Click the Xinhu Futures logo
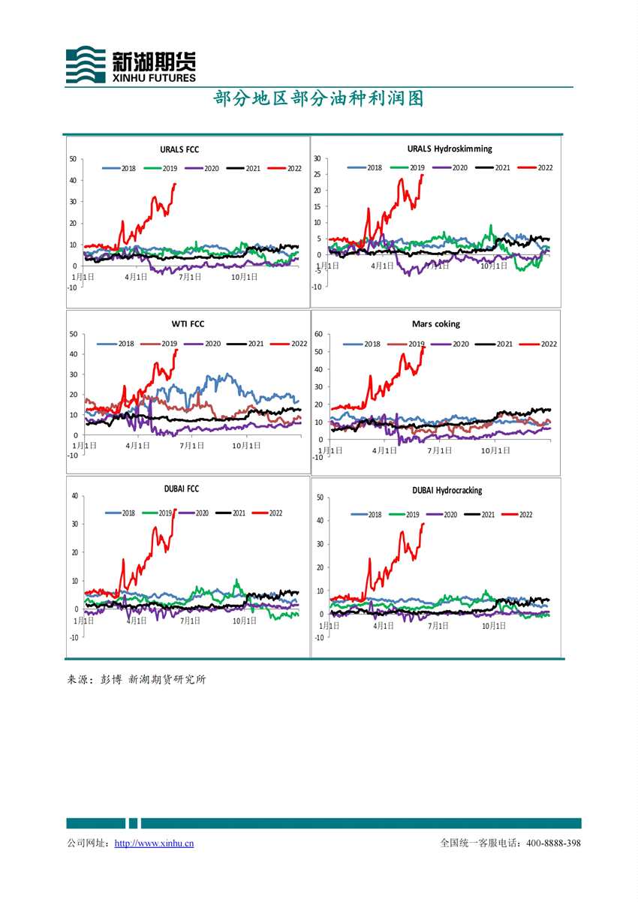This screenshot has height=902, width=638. tap(131, 65)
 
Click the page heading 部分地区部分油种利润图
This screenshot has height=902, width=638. tap(319, 99)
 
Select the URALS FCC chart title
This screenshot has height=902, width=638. tap(179, 150)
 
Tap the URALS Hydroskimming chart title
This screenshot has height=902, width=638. tap(450, 149)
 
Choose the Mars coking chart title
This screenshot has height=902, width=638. tap(436, 324)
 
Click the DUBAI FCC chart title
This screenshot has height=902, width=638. tap(182, 489)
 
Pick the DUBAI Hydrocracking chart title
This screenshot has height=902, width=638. tap(447, 490)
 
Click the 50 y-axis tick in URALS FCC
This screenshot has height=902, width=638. tap(73, 158)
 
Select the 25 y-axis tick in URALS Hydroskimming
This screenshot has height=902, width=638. tap(317, 175)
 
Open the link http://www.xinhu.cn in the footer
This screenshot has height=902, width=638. tap(154, 843)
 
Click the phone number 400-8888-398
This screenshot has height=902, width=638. tap(553, 843)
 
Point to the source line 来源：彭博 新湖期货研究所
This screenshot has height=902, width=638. tap(137, 680)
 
